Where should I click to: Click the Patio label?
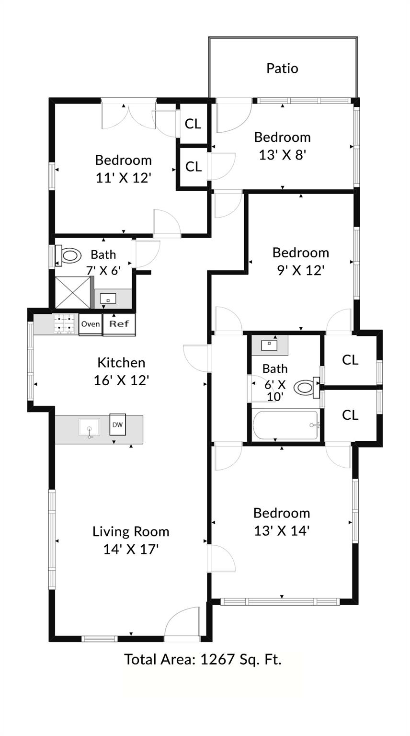pyautogui.click(x=282, y=68)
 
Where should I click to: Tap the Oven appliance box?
pyautogui.click(x=90, y=324)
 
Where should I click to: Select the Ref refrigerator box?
pyautogui.click(x=119, y=324)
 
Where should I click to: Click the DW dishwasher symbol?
pyautogui.click(x=117, y=424)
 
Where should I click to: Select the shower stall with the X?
pyautogui.click(x=73, y=292)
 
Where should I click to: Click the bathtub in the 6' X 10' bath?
pyautogui.click(x=285, y=425)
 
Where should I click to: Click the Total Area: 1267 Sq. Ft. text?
pyautogui.click(x=203, y=659)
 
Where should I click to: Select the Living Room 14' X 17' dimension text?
pyautogui.click(x=131, y=549)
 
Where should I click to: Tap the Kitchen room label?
pyautogui.click(x=121, y=362)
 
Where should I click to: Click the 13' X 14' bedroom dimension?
pyautogui.click(x=282, y=530)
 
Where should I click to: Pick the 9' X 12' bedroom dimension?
pyautogui.click(x=300, y=270)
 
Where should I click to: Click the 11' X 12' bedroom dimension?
pyautogui.click(x=124, y=178)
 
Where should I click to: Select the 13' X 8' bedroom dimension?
pyautogui.click(x=282, y=155)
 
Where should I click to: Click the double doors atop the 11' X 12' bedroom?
pyautogui.click(x=128, y=114)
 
